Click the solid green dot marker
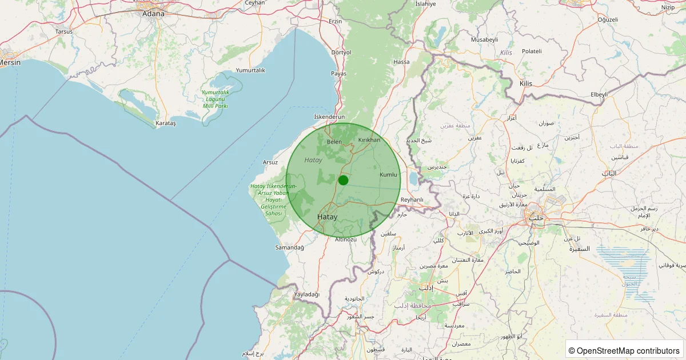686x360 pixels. tap(343, 180)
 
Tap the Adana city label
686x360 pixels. tap(153, 13)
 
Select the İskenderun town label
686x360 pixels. tap(330, 117)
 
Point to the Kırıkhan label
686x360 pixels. tap(369, 140)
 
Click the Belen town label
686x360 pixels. tap(334, 142)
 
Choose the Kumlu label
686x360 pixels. tap(388, 174)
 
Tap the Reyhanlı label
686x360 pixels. tap(412, 199)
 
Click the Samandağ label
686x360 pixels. tap(289, 247)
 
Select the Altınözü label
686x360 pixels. tap(346, 239)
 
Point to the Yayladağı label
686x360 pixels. tap(306, 294)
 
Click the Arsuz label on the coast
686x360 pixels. tap(270, 162)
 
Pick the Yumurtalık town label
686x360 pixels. tap(250, 70)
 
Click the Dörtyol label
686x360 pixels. tap(341, 52)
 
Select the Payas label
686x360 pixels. tap(338, 74)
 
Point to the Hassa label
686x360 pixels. tap(401, 62)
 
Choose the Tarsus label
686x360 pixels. tap(64, 31)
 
